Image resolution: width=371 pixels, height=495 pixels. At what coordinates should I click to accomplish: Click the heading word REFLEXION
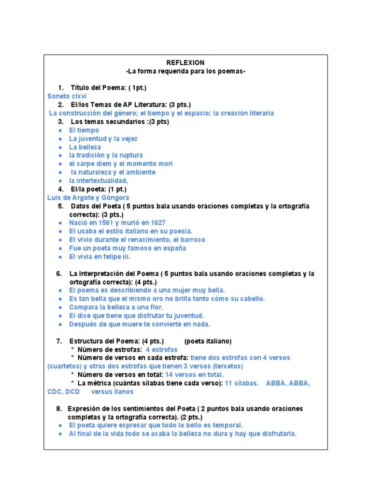pos(185,63)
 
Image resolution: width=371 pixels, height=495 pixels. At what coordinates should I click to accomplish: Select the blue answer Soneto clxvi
pos(64,96)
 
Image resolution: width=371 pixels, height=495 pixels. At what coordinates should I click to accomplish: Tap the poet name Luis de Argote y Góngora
pos(88,198)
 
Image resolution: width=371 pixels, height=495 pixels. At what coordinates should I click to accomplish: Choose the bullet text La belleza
pos(85,147)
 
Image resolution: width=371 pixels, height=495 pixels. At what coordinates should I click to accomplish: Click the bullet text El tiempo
pos(84,130)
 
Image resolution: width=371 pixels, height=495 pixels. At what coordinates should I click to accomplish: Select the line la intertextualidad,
pos(98,181)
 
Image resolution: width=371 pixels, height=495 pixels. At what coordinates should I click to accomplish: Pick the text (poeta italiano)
pos(208,341)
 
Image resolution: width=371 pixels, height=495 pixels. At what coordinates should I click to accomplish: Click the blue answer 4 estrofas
pos(161,349)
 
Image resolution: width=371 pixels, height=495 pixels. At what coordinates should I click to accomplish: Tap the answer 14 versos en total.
pos(194,375)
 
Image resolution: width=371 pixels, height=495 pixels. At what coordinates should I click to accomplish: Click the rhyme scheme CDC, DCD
pos(63,392)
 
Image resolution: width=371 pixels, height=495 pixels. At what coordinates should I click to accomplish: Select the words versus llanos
pos(112,392)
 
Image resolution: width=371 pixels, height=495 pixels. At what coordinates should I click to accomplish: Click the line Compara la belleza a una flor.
pos(116,307)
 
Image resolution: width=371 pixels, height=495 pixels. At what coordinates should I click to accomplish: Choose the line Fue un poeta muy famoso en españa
pos(128,248)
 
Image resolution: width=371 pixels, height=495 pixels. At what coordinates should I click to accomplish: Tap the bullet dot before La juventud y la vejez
pos(59,139)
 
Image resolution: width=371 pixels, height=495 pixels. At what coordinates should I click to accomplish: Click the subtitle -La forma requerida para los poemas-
pos(185,72)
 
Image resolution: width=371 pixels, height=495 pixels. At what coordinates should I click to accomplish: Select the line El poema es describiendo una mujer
pos(147,291)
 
